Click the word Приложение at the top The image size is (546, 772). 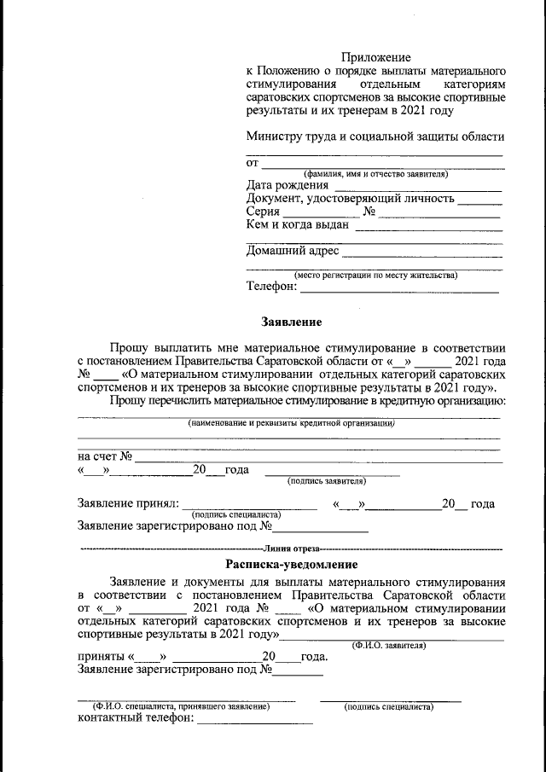(x=375, y=56)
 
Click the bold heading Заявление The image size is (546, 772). (x=290, y=322)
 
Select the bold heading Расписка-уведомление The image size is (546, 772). (x=290, y=565)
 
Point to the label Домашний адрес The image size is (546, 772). (x=293, y=252)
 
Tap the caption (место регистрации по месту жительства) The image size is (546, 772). (x=375, y=275)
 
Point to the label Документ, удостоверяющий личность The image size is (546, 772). (x=350, y=200)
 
